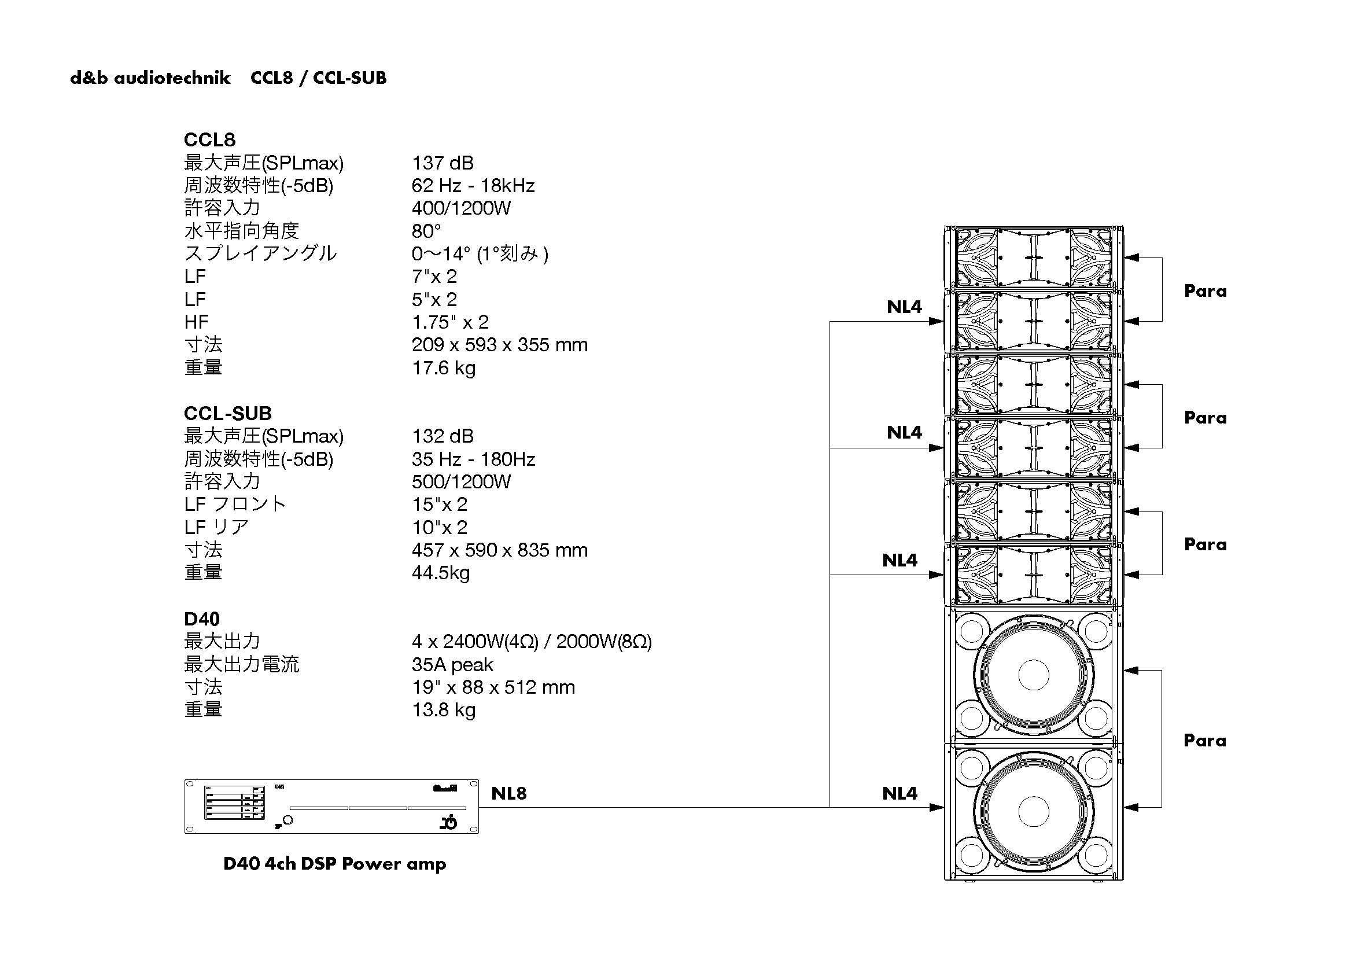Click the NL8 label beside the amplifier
(508, 793)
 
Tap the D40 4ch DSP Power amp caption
(335, 864)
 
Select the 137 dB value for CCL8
(443, 163)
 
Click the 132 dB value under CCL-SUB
(443, 436)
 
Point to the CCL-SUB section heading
(227, 413)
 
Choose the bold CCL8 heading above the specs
(209, 139)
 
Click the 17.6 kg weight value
(443, 368)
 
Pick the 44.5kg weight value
(441, 573)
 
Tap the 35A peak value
(452, 665)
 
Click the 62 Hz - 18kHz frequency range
(473, 186)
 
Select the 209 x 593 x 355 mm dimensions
(500, 345)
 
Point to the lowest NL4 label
(899, 793)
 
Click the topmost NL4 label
(904, 307)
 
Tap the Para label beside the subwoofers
(1204, 741)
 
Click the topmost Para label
(1205, 291)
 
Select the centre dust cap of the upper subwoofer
(1033, 675)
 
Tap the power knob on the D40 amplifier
(287, 820)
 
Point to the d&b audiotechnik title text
(150, 78)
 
